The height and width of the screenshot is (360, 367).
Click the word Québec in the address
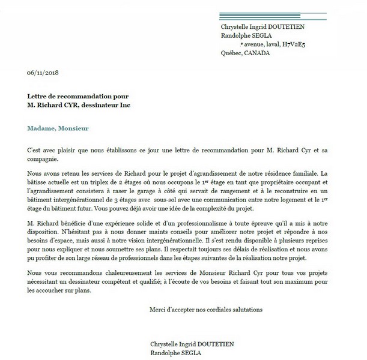tap(231, 53)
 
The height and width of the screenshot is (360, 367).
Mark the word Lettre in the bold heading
tap(38, 96)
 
